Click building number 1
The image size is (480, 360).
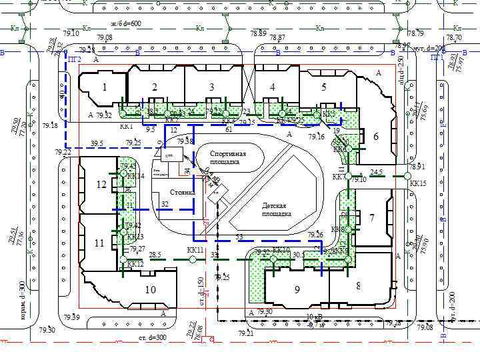coord(104,87)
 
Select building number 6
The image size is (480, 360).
coord(376,137)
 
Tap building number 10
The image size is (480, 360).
coord(151,289)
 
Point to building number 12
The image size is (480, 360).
coord(101,185)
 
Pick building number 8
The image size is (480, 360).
coord(359,285)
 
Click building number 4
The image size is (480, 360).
coord(273,87)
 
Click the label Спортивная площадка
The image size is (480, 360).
coord(228,158)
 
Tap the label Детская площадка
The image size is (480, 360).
coord(276,210)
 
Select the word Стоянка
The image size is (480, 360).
coord(182,193)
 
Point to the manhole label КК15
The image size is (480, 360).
coord(418,183)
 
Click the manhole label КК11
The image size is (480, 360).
coord(195,250)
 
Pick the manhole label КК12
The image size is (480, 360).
coord(135,264)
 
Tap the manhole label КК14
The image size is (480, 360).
coord(135,176)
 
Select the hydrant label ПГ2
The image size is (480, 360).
coord(75,59)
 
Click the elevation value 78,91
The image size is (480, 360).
coord(417,167)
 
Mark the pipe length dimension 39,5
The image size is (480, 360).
coord(97,143)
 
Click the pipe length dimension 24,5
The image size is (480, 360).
coord(376,172)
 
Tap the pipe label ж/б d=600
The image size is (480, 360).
coord(126,24)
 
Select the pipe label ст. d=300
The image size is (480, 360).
coord(153,338)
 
